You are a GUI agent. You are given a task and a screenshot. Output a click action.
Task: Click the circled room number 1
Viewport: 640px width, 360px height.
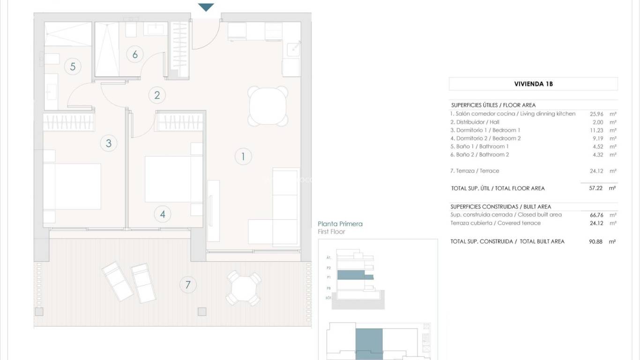243,157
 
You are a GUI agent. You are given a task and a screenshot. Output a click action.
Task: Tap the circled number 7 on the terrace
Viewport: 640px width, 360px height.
188,285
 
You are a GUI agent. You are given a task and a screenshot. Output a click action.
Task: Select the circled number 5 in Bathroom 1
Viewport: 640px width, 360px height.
73,67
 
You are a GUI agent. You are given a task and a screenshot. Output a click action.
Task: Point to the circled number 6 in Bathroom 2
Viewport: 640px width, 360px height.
135,54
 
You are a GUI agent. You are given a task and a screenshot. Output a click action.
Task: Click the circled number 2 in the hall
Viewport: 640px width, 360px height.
157,95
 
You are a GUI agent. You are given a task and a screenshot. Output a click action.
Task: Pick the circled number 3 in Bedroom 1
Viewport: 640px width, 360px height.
109,143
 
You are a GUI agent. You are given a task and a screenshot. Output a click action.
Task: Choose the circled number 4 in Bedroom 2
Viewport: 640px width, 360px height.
163,214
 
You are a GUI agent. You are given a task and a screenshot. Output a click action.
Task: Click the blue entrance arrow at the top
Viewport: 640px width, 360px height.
206,7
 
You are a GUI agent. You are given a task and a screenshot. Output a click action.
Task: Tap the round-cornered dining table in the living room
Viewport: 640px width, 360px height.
268,106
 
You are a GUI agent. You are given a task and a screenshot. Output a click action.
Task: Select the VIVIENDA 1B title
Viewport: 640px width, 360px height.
533,84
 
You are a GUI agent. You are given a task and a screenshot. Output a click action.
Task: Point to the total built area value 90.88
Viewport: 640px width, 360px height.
595,241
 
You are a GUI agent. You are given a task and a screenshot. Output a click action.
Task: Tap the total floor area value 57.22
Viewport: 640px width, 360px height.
595,188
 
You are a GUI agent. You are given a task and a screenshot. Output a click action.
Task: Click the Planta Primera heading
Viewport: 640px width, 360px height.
340,224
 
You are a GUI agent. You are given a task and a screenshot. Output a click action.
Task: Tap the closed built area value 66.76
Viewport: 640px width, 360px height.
595,215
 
